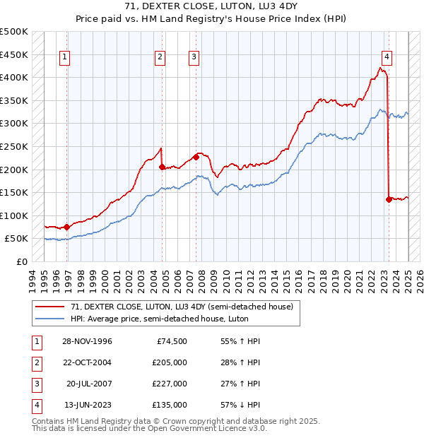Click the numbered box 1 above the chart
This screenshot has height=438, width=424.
[64, 58]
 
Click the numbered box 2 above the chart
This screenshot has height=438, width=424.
[160, 58]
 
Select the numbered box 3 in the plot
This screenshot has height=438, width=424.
[194, 58]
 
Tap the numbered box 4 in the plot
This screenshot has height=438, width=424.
[387, 58]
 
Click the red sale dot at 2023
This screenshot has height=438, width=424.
[389, 199]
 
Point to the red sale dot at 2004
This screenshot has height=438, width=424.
[162, 167]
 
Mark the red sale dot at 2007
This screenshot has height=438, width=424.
[196, 157]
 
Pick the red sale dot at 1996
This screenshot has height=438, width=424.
[66, 227]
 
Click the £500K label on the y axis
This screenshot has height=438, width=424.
[14, 32]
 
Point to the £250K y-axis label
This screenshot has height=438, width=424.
[14, 146]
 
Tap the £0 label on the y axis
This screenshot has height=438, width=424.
[21, 261]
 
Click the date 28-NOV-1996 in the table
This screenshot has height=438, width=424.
[87, 342]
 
